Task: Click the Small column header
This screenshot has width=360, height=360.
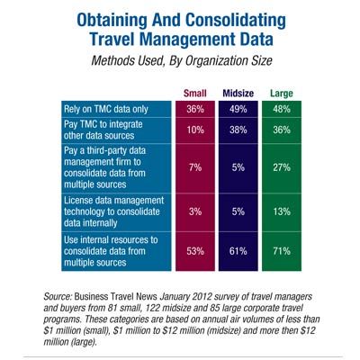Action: coord(195,94)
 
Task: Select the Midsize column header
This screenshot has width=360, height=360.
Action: coord(238,94)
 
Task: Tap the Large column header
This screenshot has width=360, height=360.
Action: coord(282,94)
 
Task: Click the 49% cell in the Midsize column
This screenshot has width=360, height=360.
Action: coord(238,109)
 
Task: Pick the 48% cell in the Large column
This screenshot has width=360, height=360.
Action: coord(282,109)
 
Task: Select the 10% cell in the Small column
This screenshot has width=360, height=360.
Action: coord(195,130)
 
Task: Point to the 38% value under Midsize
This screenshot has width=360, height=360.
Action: coord(238,130)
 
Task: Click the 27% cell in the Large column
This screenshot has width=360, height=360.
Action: coord(282,167)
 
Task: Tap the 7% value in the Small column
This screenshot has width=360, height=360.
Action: coord(195,167)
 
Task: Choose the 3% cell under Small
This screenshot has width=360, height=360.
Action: coord(195,211)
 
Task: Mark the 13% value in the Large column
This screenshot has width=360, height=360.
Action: coord(282,211)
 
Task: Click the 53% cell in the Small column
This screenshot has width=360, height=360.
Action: coord(195,251)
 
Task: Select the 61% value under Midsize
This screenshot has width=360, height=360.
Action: coord(238,251)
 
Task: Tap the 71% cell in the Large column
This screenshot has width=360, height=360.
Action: coord(282,251)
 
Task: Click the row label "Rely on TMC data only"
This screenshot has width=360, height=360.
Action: coord(106,109)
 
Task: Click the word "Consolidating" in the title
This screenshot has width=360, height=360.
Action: coord(236,20)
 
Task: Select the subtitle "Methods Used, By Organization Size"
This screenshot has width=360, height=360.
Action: coord(182,61)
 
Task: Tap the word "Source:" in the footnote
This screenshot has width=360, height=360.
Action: coord(58,296)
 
